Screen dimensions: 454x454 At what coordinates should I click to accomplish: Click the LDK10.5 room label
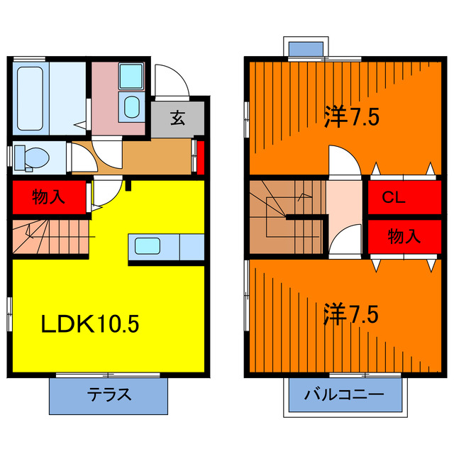tap(88, 325)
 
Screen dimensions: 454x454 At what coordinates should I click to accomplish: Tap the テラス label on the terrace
tap(109, 395)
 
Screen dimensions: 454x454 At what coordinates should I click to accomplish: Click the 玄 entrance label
tap(177, 118)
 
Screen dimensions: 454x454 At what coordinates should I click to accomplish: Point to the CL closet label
tap(394, 199)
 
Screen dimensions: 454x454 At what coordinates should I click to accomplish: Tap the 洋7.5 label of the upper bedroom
tap(351, 115)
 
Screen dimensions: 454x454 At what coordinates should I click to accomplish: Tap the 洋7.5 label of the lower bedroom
tap(351, 313)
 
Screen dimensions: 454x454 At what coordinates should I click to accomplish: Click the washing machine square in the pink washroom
tap(130, 74)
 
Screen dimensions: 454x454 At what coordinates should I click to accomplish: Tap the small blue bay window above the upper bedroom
tap(308, 48)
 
